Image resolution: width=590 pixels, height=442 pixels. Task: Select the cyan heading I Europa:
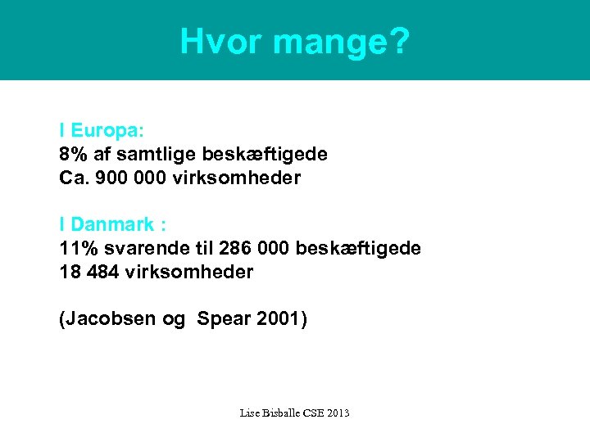pos(102,130)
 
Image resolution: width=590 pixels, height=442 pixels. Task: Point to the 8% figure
pos(73,154)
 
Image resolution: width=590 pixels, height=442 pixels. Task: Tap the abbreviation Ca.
pos(73,178)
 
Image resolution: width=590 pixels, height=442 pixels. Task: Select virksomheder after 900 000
pos(237,178)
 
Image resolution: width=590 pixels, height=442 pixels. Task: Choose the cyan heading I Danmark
pos(107,224)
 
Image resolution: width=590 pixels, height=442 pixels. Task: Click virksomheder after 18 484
pos(189,272)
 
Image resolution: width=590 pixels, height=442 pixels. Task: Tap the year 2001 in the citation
pos(278,319)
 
